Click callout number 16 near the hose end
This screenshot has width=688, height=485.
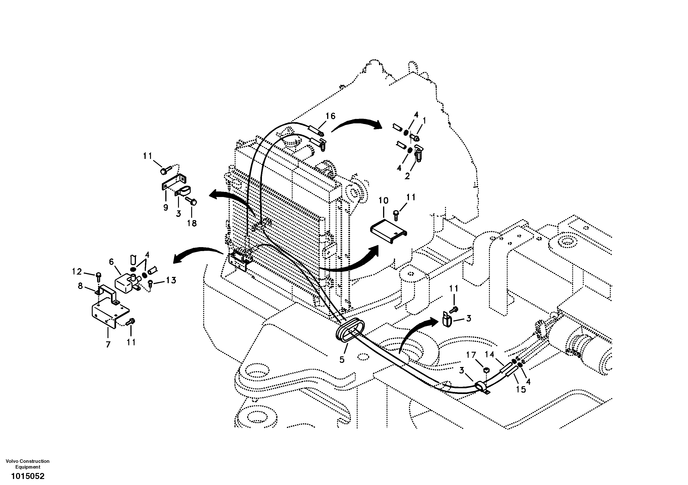(x=331, y=116)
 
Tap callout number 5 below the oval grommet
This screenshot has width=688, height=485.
(x=342, y=360)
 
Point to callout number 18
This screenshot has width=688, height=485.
(x=192, y=223)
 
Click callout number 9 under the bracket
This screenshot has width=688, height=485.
(x=166, y=207)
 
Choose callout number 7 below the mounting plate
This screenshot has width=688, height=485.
(x=108, y=344)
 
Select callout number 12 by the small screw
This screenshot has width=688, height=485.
(x=77, y=272)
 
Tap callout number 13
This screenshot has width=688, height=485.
(x=171, y=281)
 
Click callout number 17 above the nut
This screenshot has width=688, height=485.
(x=471, y=355)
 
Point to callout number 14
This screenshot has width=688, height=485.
(x=490, y=355)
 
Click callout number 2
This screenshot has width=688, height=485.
(x=407, y=176)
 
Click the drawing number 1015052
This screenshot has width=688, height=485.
(x=28, y=476)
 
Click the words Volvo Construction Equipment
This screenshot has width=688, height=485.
(x=28, y=464)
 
